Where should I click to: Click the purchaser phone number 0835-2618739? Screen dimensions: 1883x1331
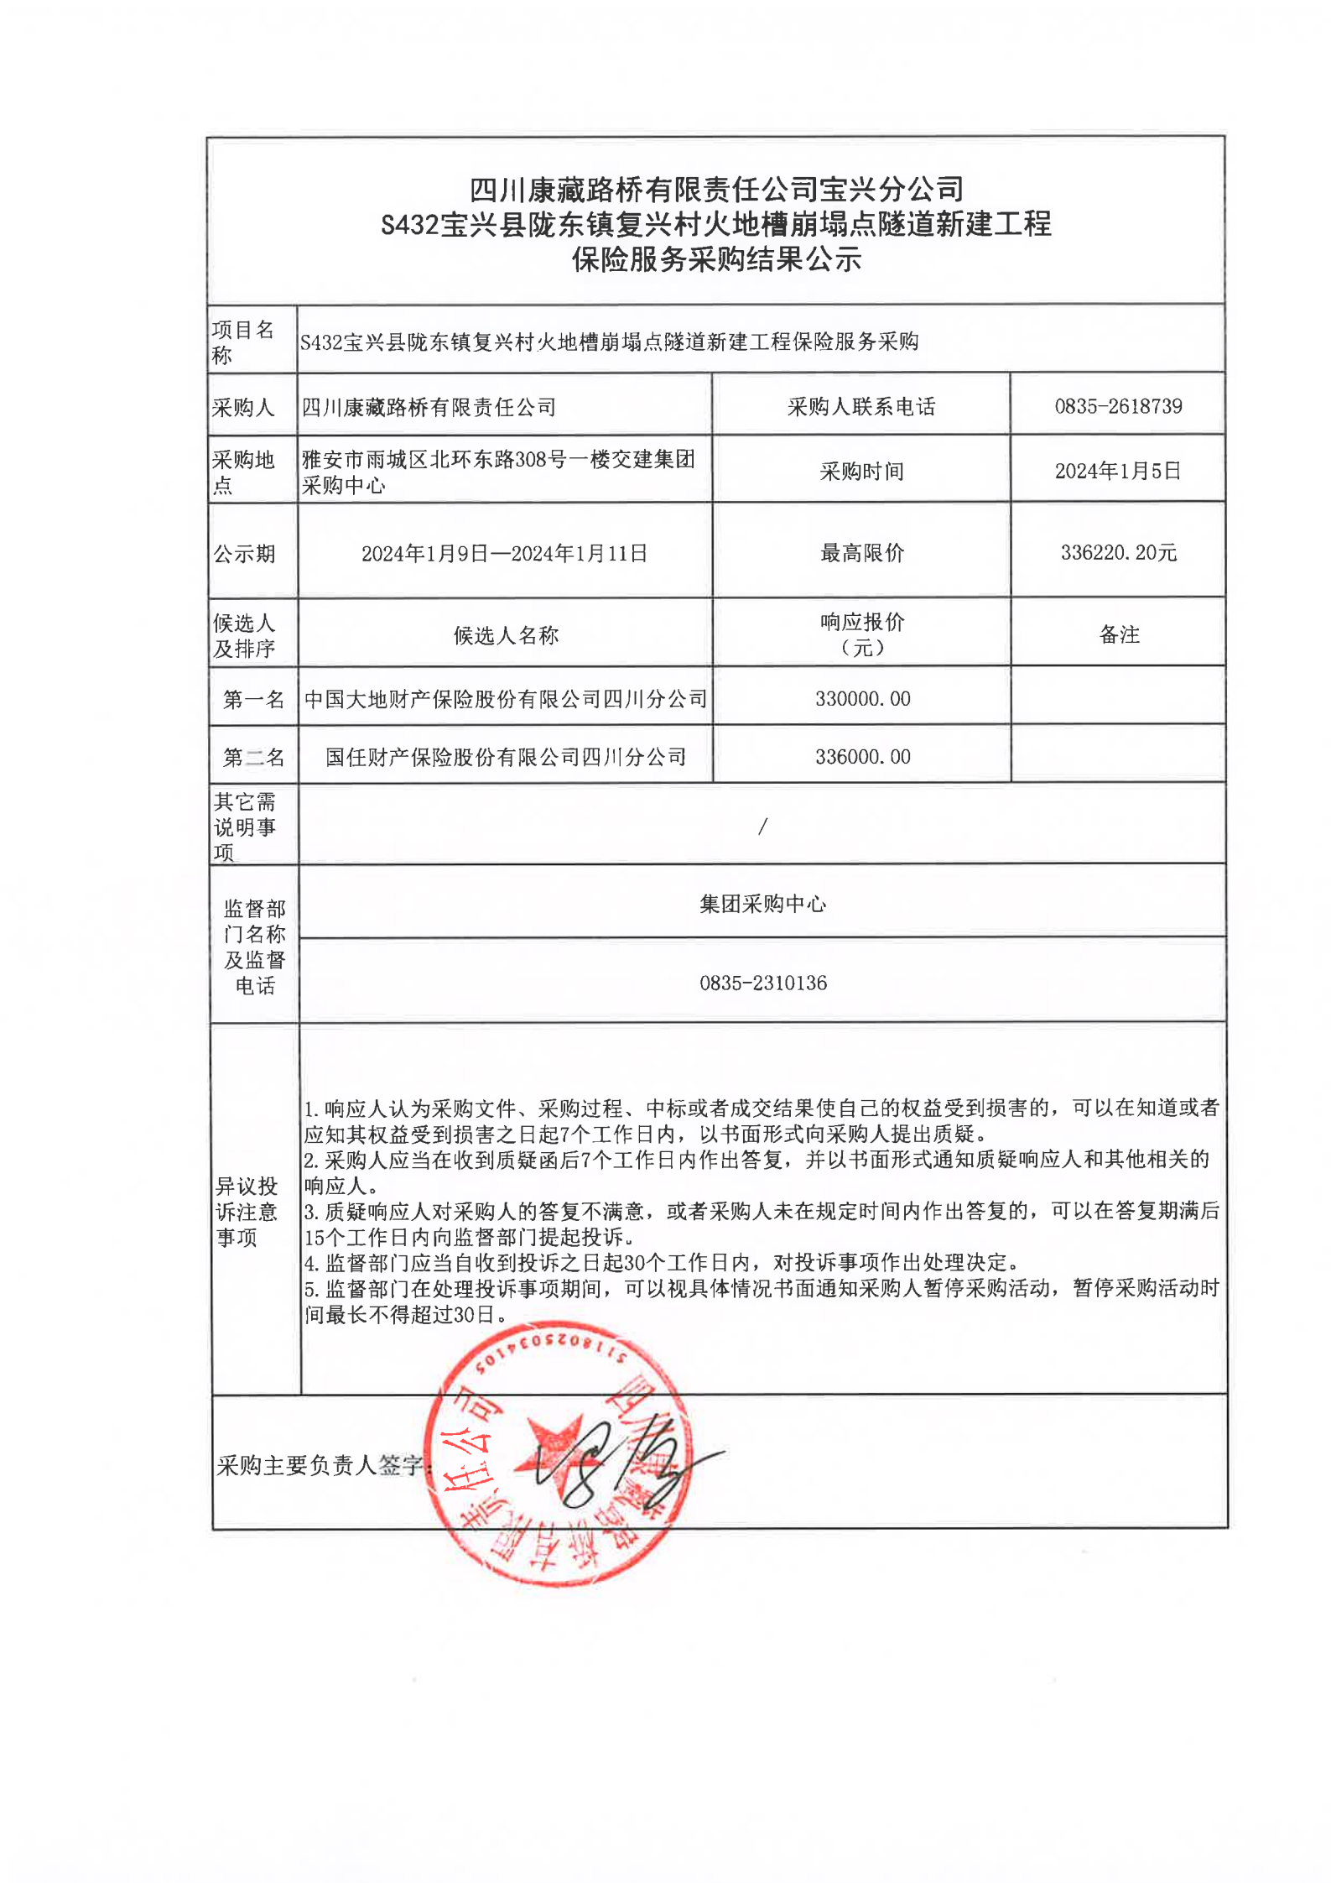point(1117,406)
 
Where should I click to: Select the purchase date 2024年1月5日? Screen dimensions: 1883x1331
point(1117,471)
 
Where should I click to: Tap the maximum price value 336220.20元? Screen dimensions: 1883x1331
point(1118,552)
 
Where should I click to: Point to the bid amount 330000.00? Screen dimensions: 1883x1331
point(862,698)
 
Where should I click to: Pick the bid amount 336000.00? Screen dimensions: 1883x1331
point(862,756)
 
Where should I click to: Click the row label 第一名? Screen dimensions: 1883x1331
point(253,699)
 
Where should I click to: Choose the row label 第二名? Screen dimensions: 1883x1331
point(253,757)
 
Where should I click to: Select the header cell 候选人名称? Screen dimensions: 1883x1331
point(506,635)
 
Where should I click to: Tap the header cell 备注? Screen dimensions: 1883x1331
point(1119,634)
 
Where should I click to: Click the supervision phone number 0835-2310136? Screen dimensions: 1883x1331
point(763,983)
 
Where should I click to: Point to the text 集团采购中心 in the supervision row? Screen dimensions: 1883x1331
point(763,904)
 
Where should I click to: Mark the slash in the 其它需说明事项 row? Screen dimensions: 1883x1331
point(762,827)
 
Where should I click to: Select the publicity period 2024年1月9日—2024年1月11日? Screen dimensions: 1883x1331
point(504,553)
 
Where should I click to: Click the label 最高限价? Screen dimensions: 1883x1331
point(862,552)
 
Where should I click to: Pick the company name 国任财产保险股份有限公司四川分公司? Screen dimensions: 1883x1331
point(506,757)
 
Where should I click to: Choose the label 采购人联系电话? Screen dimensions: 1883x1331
point(861,406)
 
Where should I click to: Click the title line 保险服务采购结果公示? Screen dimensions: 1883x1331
point(716,259)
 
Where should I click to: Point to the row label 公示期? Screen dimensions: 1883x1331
point(244,554)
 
